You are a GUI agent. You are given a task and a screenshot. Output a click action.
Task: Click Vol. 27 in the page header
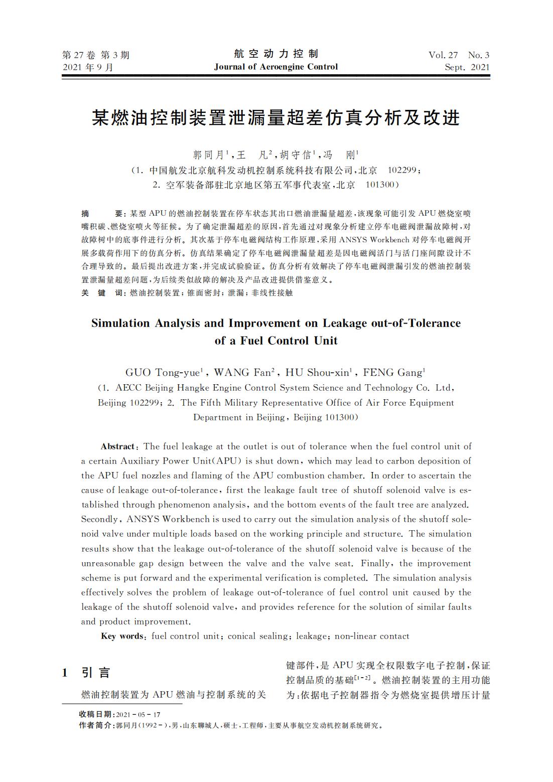(443, 55)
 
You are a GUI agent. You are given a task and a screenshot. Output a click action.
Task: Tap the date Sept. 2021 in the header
(467, 67)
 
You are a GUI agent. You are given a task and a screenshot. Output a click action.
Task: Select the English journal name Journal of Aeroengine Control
(276, 67)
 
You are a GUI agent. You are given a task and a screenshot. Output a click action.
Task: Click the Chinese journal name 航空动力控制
(276, 54)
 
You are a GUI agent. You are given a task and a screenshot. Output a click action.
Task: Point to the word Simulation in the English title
(120, 323)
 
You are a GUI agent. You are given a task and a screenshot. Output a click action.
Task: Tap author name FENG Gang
(393, 372)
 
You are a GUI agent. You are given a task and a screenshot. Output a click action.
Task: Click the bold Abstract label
(117, 446)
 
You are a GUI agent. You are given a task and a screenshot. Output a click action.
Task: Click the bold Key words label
(122, 636)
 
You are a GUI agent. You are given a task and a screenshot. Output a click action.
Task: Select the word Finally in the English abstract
(376, 563)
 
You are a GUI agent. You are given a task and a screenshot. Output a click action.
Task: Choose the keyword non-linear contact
(372, 636)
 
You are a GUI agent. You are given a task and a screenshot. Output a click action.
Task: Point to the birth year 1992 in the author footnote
(151, 725)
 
